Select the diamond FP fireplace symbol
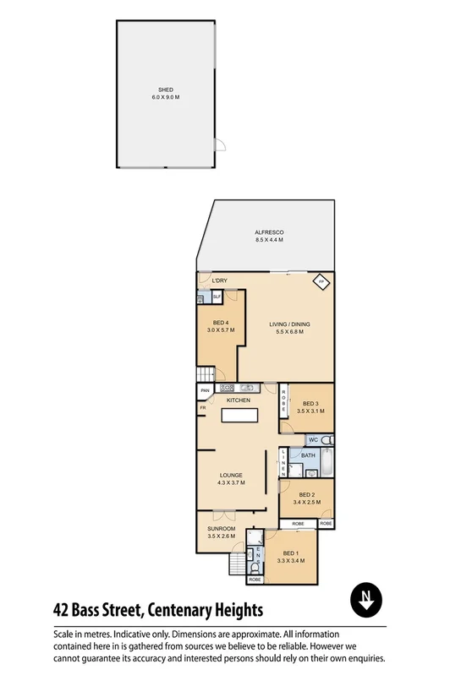click(321, 282)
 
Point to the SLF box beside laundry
click(217, 297)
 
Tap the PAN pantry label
click(205, 391)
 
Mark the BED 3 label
click(310, 403)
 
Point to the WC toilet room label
click(312, 440)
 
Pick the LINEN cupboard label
click(283, 464)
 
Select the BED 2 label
click(307, 495)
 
